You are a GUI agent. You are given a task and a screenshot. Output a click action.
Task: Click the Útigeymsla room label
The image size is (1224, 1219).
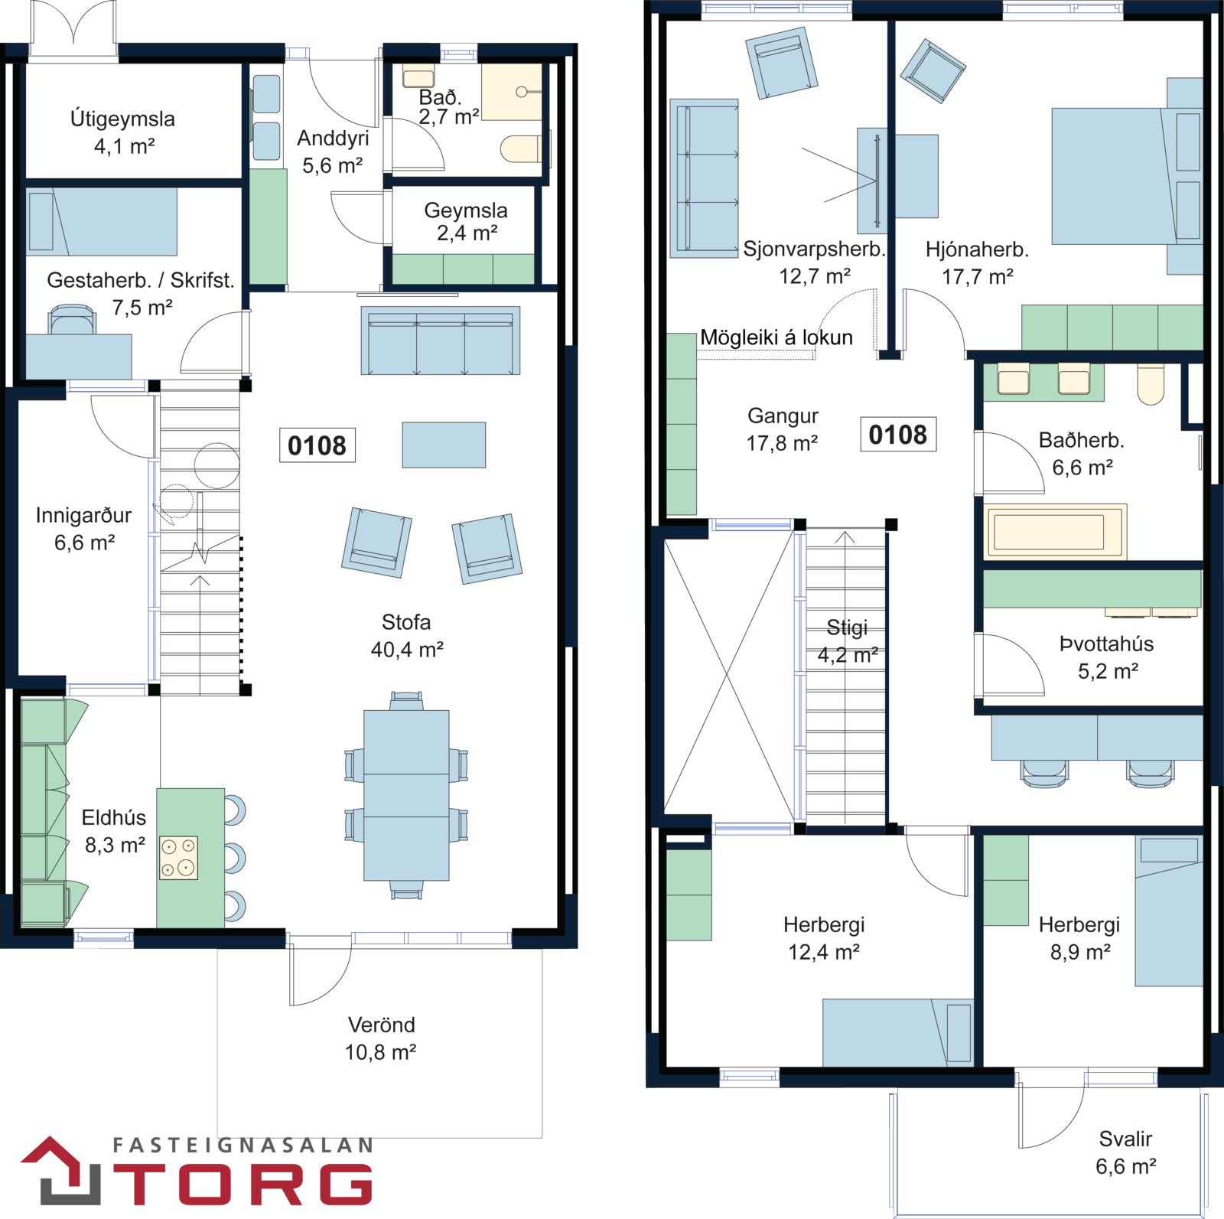tap(123, 119)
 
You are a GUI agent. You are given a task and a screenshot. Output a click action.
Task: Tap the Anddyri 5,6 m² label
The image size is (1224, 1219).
tap(333, 152)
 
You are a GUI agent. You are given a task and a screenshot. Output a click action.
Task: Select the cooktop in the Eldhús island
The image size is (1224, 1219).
tap(178, 857)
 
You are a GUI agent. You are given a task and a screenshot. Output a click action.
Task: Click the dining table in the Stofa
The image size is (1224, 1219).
tap(406, 795)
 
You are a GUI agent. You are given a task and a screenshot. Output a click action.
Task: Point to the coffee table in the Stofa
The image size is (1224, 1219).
tap(444, 445)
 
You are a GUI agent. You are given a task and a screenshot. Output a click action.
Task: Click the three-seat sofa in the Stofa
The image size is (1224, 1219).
tap(441, 341)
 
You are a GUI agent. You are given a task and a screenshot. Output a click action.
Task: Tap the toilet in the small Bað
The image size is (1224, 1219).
tap(524, 148)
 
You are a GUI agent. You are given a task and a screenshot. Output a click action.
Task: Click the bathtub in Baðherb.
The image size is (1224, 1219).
tap(1055, 530)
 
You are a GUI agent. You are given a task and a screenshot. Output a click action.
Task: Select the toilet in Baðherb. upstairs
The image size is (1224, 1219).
tap(1151, 383)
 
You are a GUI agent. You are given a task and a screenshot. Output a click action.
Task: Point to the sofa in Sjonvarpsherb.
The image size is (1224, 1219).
tap(704, 178)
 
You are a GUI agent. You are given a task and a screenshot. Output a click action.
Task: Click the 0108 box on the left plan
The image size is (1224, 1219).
tap(317, 445)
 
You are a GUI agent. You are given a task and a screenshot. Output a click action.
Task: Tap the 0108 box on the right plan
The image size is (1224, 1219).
tap(898, 435)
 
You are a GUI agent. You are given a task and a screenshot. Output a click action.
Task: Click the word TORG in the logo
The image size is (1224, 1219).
tap(243, 1184)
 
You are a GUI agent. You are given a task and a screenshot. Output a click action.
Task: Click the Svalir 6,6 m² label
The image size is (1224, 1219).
tap(1125, 1152)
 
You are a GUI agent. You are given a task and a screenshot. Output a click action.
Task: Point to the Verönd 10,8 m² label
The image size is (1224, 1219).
tap(381, 1038)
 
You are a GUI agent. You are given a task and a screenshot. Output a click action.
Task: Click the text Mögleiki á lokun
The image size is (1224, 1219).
tap(776, 337)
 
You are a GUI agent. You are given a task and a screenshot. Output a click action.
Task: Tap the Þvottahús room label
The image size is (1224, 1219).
tap(1106, 644)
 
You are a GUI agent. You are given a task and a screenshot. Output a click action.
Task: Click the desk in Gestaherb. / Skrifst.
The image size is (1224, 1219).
tap(79, 357)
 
